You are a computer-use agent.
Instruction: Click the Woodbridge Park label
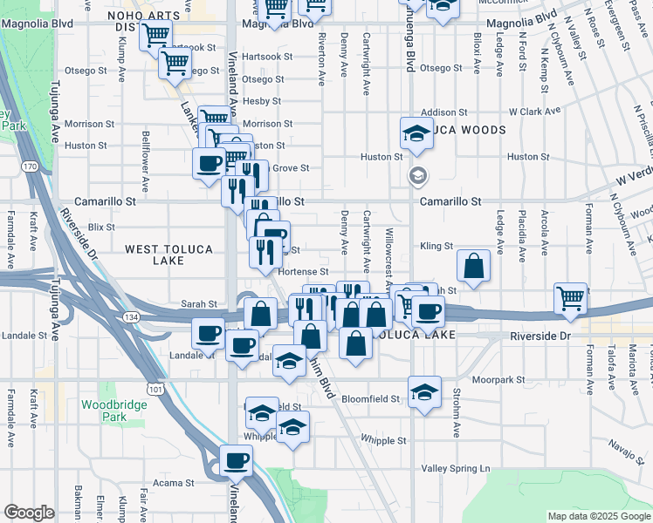point(103,411)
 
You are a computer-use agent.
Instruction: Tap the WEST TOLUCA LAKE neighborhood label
point(168,255)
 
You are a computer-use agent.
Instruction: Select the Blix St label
point(101,227)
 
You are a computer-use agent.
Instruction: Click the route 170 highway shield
point(30,166)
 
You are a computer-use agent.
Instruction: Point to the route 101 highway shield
point(155,387)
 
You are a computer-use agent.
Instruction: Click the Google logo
point(29,513)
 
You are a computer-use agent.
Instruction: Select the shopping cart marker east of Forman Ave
point(571,298)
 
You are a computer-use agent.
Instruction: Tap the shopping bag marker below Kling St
point(472,268)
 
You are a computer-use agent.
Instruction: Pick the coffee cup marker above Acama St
point(235,459)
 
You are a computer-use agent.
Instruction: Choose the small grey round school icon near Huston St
point(418,176)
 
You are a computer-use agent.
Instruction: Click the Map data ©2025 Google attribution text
point(598,516)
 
